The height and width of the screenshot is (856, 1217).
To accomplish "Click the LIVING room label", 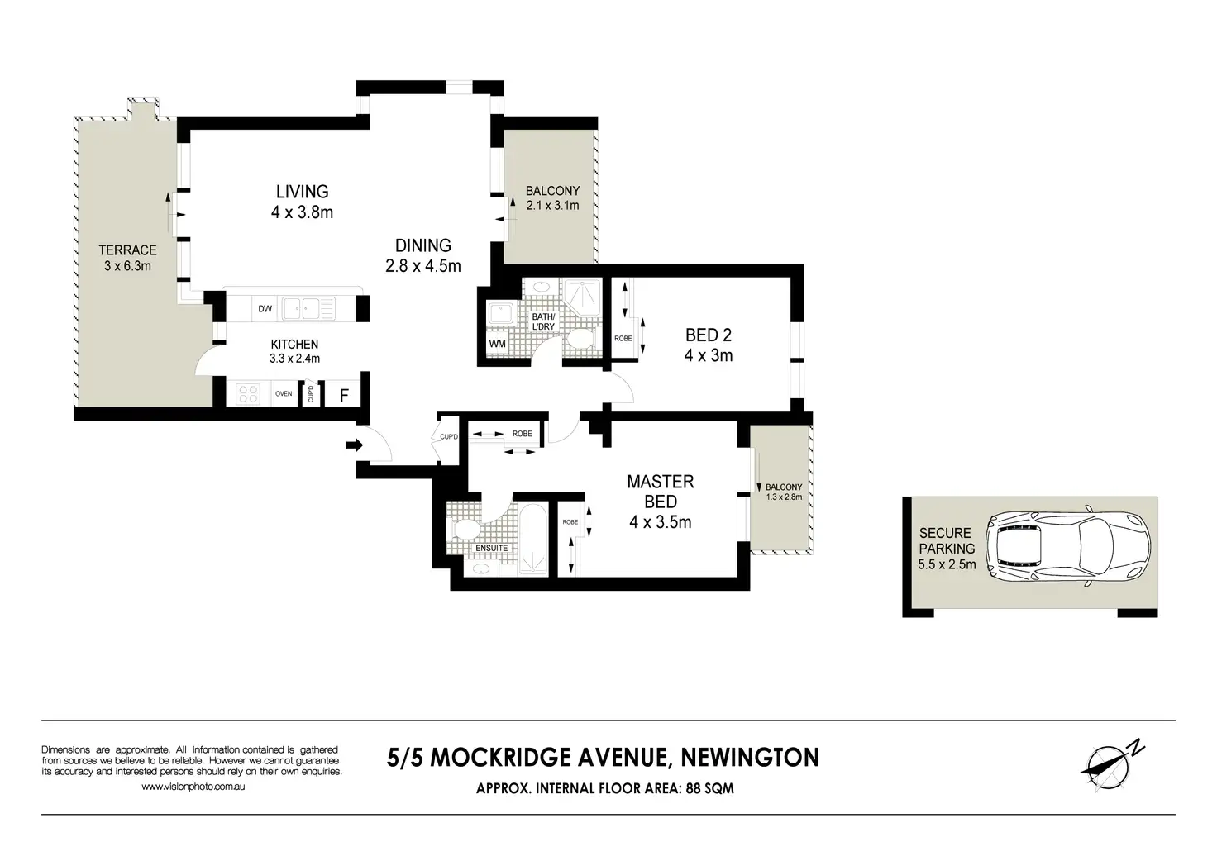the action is [x=302, y=192].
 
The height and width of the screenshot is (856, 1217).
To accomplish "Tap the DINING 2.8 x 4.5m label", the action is [x=423, y=255].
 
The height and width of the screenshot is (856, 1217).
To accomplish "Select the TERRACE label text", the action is [x=127, y=250].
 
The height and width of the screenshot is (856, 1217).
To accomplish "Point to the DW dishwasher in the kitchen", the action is [x=265, y=309].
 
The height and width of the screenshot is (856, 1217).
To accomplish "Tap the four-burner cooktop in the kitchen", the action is [x=248, y=394].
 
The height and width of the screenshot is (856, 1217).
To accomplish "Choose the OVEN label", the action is [x=284, y=394].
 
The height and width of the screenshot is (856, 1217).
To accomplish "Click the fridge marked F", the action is [x=343, y=395].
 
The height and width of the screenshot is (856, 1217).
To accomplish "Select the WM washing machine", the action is [x=497, y=344].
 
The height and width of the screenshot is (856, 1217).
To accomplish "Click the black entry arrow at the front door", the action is [x=354, y=445].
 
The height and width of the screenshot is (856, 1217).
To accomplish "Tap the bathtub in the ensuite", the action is [x=533, y=539].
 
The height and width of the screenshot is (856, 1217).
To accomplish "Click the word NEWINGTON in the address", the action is [x=750, y=758].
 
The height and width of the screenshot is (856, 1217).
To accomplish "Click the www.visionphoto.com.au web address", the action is [x=193, y=787].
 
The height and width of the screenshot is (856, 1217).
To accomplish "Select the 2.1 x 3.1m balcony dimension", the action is [x=552, y=206].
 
